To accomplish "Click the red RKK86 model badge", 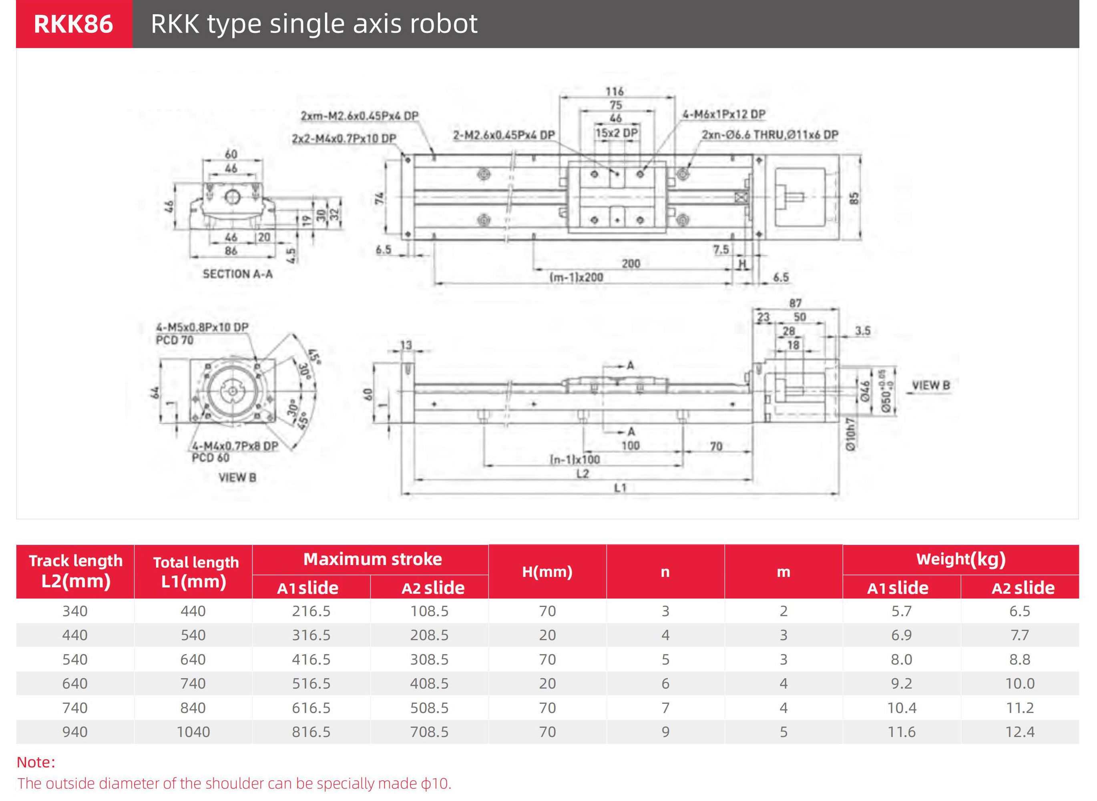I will (74, 24).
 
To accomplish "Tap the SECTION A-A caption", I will (237, 274).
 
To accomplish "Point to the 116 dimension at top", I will (614, 91).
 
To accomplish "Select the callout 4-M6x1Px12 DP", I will (723, 114).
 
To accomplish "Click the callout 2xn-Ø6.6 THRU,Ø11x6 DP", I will (770, 135).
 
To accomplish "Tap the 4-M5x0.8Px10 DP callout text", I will (202, 327).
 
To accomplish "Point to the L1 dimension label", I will (620, 488).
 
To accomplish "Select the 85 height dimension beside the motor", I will (854, 198).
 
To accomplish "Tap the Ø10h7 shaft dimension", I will (850, 435).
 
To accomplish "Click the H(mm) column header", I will (547, 572).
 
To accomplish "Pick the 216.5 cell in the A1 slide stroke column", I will (311, 611).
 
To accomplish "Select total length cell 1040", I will (193, 732).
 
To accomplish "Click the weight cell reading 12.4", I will (1019, 732).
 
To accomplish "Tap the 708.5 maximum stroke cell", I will (429, 732).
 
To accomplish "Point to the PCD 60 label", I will (210, 458).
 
